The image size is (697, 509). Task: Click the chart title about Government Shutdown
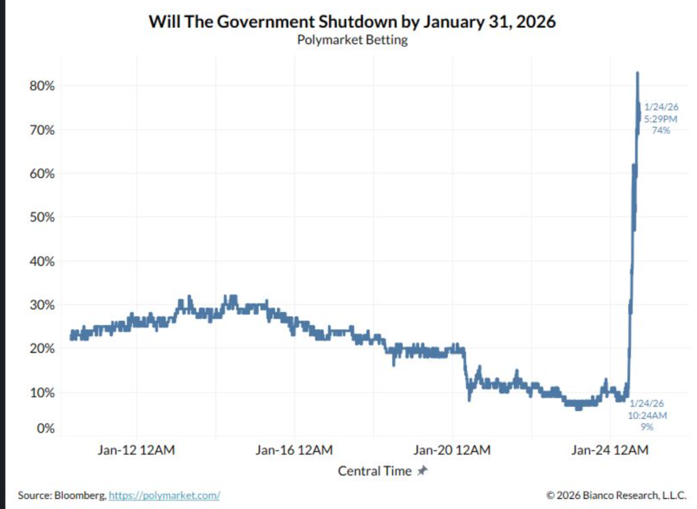coord(352,22)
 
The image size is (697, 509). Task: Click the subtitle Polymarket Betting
coord(352,40)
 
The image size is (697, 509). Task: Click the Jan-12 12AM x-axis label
coord(136,450)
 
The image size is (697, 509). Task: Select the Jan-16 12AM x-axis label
coord(294,450)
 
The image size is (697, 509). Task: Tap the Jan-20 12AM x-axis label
coord(452,450)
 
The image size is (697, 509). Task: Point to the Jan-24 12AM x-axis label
coord(609,450)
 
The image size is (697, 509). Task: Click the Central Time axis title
coord(375,471)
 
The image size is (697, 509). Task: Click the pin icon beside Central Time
coord(423,471)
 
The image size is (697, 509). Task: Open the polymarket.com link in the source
coord(164,495)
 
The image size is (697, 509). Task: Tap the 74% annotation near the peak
coord(661,130)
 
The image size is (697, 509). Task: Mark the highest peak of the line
coord(637,73)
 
